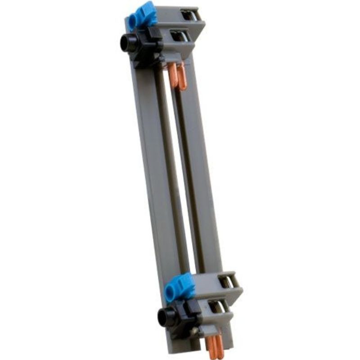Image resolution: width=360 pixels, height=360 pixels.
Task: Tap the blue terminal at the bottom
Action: [x=180, y=286]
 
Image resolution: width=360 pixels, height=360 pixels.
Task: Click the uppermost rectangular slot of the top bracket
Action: [x=189, y=15]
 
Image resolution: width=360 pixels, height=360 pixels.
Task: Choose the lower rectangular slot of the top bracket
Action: [x=179, y=36]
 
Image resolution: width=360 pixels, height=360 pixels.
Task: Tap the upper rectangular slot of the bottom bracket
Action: [x=227, y=281]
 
